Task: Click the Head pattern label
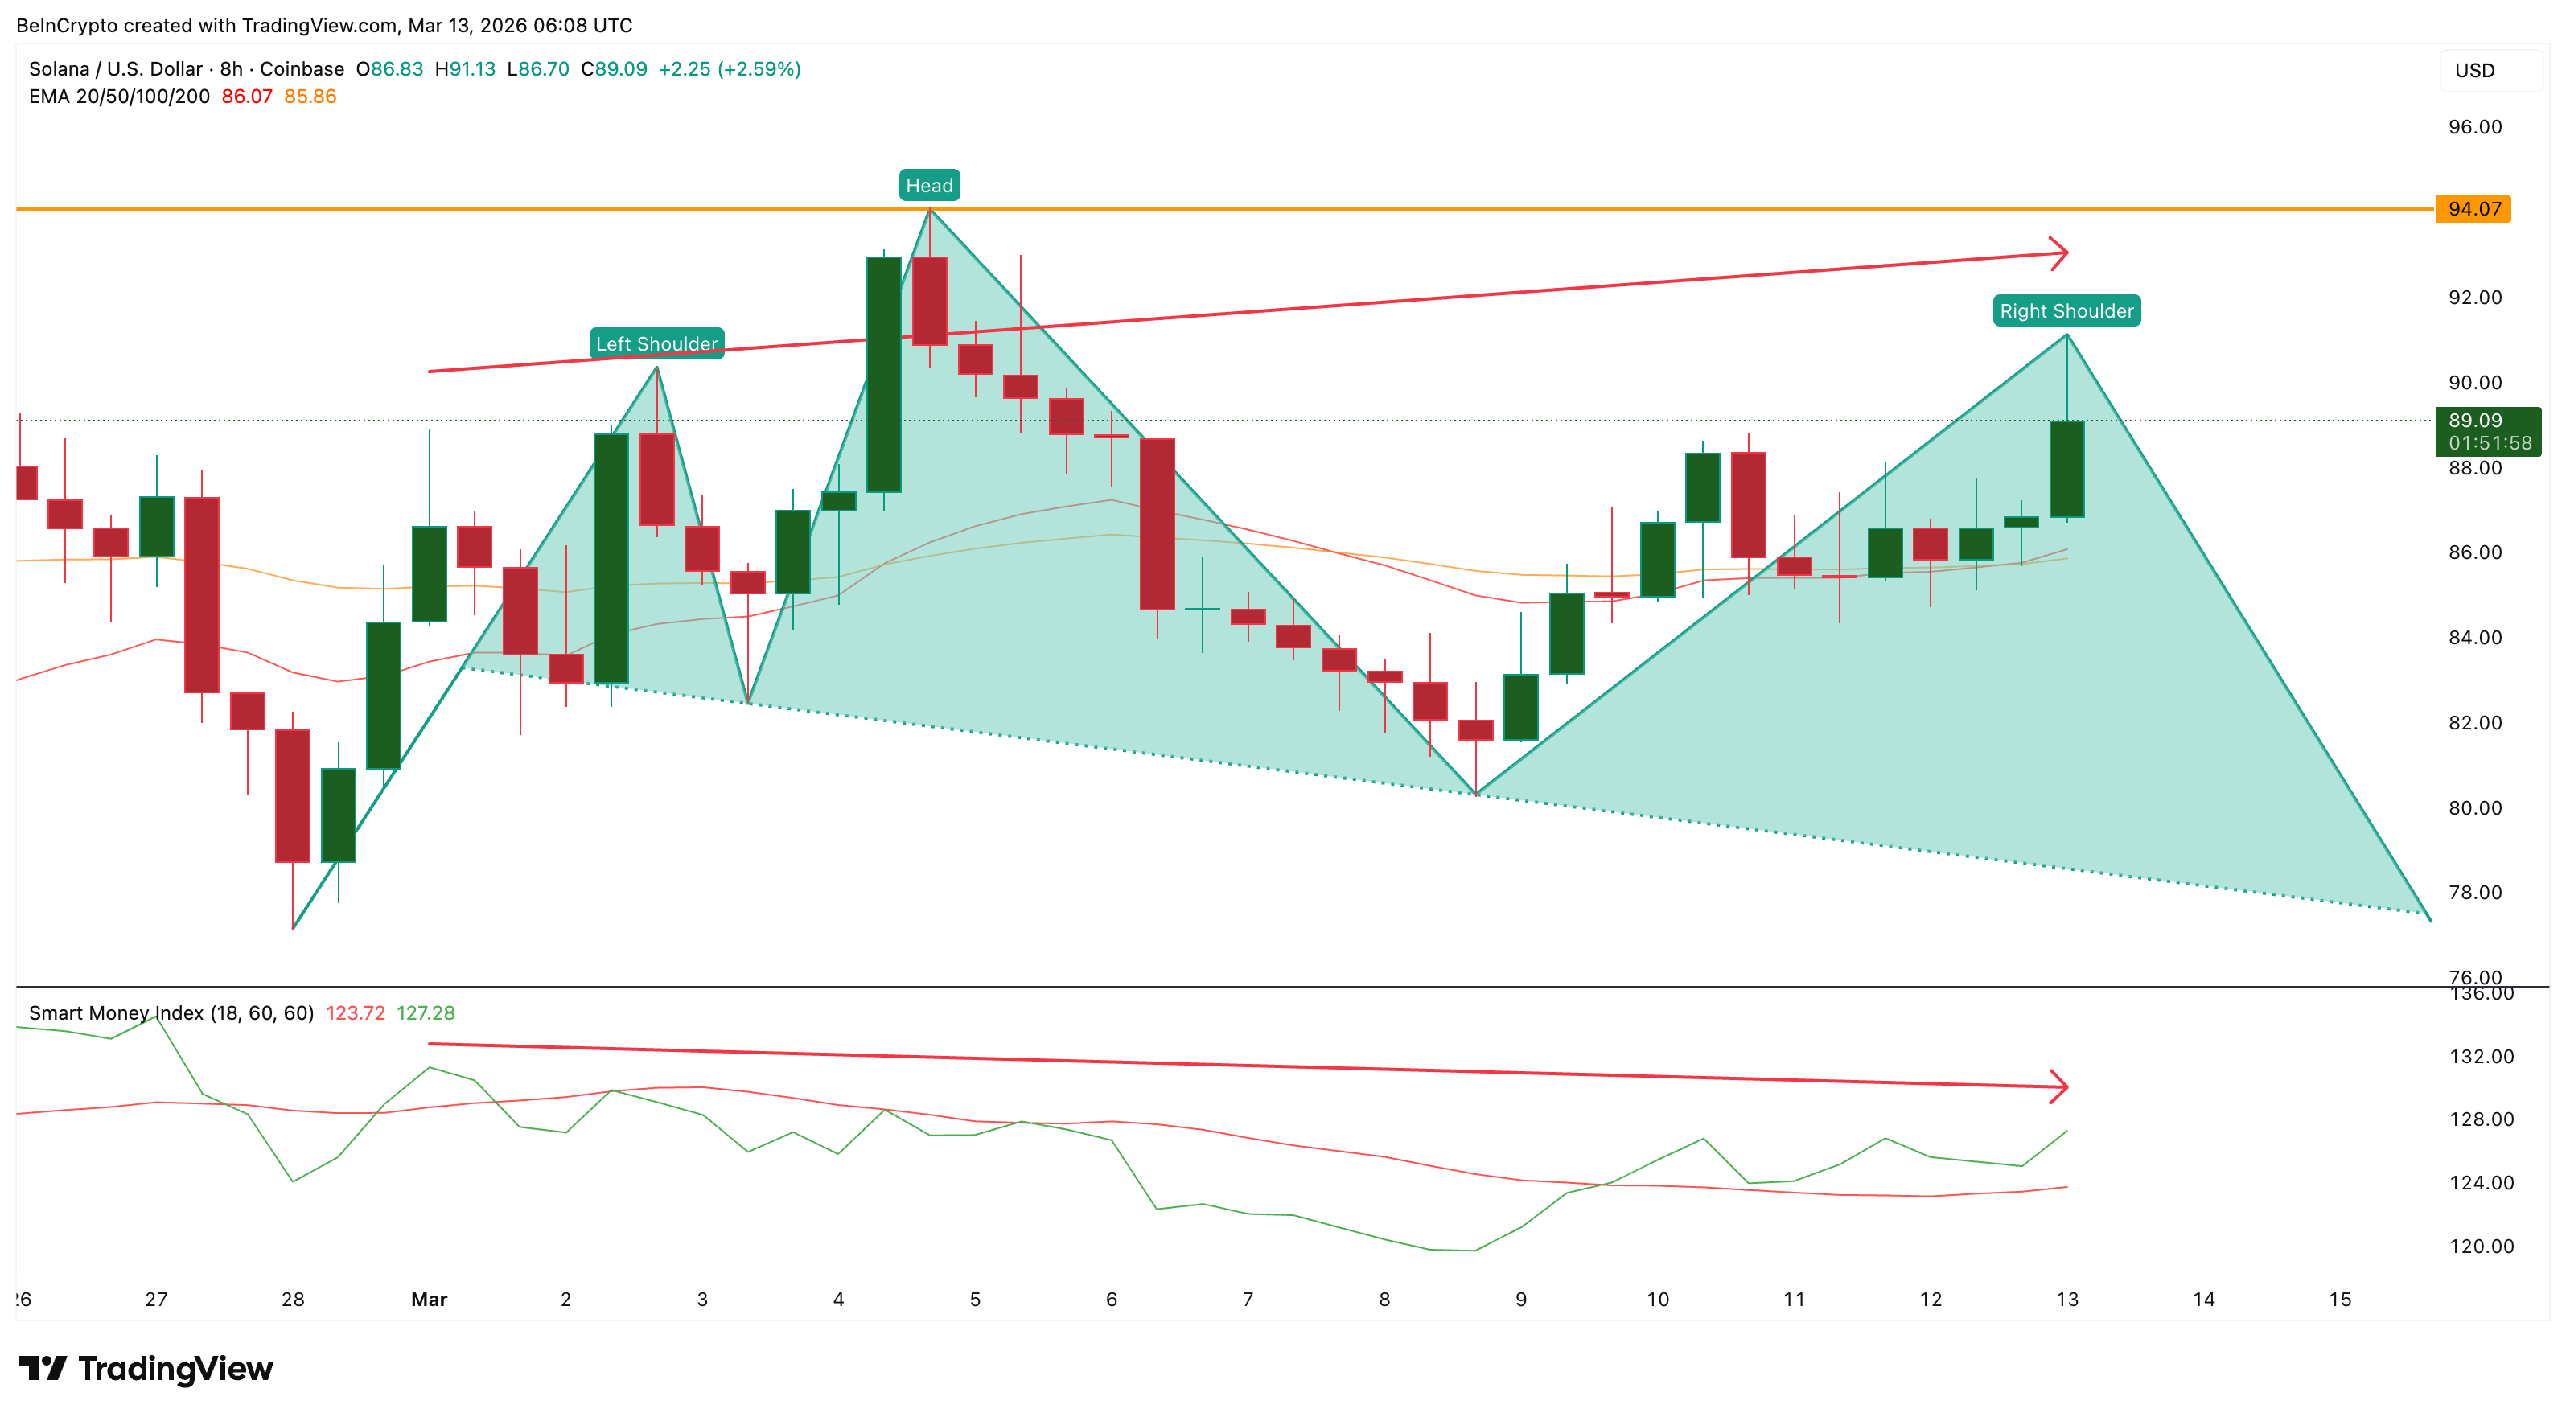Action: coord(928,185)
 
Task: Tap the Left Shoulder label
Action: coord(656,343)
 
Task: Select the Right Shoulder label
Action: coord(2066,310)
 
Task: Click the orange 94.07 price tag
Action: coord(2473,209)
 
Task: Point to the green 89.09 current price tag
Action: coord(2487,431)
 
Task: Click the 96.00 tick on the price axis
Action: coord(2474,126)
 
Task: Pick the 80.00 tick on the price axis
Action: coord(2474,807)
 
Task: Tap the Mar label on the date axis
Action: coord(430,1299)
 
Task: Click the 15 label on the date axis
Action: coord(2339,1299)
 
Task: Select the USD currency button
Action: coord(2474,71)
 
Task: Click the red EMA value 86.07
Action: coord(246,97)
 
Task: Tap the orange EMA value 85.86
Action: coord(310,97)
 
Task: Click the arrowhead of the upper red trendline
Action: coord(2060,253)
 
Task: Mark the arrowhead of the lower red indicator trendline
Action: coord(2060,1086)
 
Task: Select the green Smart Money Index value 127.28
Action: coord(426,1012)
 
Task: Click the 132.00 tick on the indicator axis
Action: coord(2481,1057)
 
